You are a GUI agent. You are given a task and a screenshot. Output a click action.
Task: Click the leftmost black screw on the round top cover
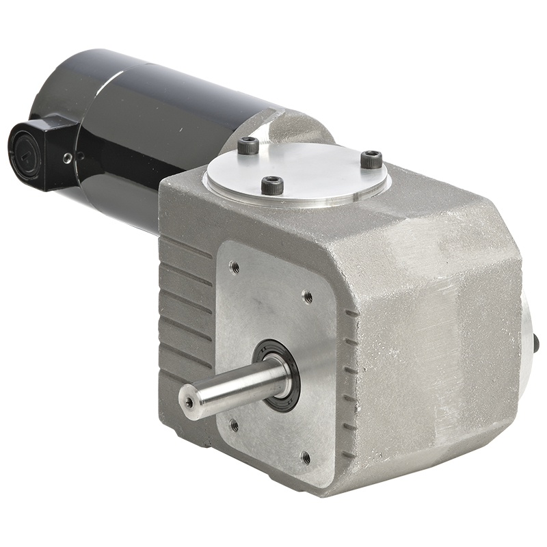(248, 145)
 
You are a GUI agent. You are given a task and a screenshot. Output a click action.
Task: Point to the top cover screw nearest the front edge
(272, 185)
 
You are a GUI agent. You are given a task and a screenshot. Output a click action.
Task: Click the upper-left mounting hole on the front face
(235, 267)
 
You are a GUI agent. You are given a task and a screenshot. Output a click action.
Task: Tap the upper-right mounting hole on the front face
(308, 296)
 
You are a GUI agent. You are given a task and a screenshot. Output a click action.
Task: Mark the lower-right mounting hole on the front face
(306, 457)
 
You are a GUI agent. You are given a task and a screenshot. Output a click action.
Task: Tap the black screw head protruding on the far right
(536, 343)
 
